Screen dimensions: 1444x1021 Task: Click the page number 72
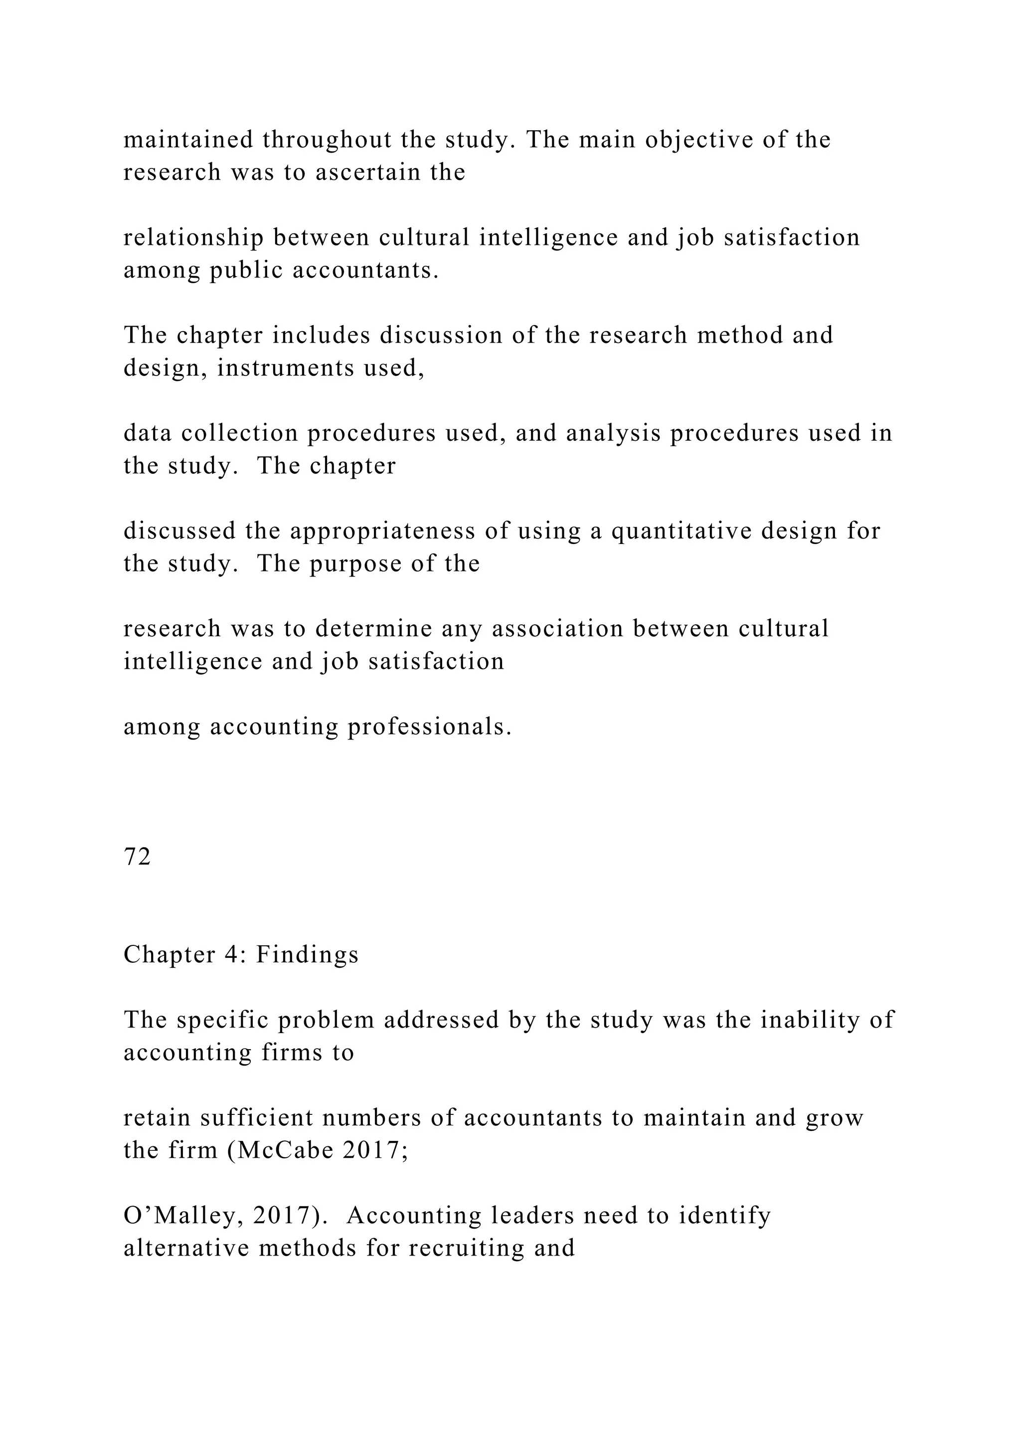(137, 857)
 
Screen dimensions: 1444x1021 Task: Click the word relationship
(193, 238)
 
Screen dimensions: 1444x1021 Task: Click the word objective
(699, 140)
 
